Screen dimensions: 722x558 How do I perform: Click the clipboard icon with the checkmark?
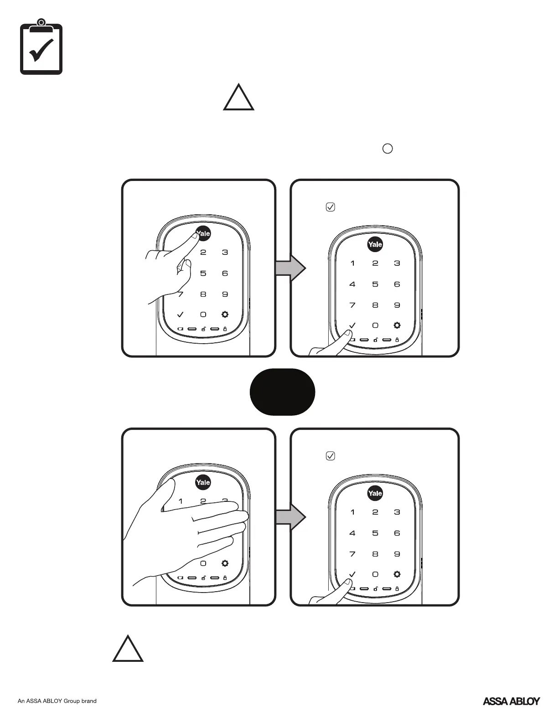point(41,47)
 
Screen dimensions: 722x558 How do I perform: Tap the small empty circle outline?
point(387,149)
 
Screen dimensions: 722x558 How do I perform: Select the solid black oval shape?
point(282,392)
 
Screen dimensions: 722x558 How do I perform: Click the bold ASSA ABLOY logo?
point(511,701)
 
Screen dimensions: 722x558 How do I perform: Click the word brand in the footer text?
point(89,701)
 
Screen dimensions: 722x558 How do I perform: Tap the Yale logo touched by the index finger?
point(203,233)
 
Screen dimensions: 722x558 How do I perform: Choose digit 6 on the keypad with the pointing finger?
point(225,273)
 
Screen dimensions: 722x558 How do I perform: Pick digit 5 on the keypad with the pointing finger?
point(203,273)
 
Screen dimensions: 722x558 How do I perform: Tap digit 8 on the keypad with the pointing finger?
point(203,294)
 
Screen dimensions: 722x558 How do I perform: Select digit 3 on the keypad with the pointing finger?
point(225,253)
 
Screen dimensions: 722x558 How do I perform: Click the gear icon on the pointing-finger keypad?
point(225,315)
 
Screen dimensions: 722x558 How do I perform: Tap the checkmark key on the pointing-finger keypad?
point(181,315)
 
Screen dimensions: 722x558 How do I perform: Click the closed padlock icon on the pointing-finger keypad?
point(225,329)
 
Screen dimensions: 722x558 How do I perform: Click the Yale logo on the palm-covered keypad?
point(203,482)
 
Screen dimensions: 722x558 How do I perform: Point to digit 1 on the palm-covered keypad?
point(181,501)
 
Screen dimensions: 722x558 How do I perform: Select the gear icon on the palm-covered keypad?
point(225,563)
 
